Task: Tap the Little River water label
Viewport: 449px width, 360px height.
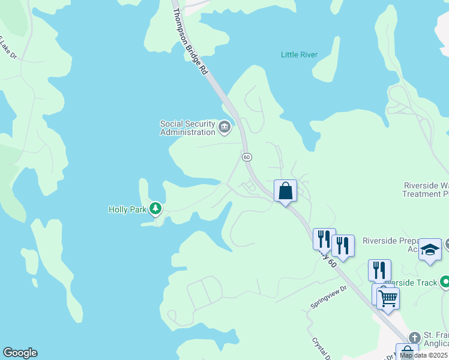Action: (299, 55)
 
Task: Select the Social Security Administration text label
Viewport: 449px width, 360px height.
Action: (187, 128)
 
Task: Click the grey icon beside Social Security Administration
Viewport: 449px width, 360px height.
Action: (224, 127)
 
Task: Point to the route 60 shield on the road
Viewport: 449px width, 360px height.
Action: (247, 157)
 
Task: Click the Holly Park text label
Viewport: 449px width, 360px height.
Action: (127, 209)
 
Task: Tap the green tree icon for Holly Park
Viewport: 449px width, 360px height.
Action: (156, 209)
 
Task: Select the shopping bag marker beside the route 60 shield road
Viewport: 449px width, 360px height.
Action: (286, 191)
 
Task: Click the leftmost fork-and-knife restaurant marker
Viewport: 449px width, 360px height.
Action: (324, 239)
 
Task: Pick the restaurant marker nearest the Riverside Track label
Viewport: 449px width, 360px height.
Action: (379, 270)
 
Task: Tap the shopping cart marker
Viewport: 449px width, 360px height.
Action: (388, 298)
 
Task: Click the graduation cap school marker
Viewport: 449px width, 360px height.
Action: (430, 249)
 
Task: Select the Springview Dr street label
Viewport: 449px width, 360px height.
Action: (329, 296)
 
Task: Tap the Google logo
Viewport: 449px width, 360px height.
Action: (20, 353)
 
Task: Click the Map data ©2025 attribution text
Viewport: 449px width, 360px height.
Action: (424, 355)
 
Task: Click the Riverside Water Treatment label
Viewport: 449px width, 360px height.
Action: (426, 190)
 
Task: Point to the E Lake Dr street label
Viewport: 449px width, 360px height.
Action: (8, 48)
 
